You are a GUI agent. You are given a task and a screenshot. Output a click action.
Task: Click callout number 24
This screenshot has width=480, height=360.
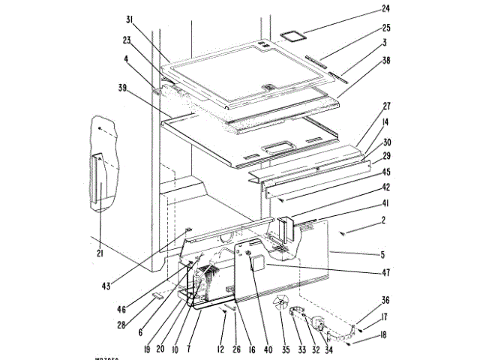point(386,9)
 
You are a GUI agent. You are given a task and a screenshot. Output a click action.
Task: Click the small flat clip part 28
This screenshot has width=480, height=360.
point(158,298)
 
